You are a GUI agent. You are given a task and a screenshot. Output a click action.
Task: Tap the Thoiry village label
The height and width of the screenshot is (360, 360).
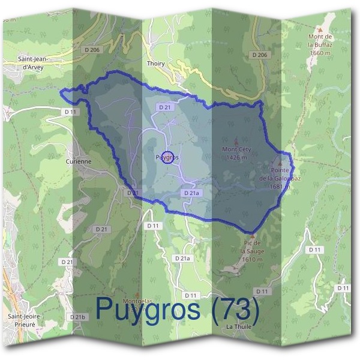point(155,62)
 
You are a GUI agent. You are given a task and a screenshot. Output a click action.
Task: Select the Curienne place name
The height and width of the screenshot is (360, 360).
point(79,161)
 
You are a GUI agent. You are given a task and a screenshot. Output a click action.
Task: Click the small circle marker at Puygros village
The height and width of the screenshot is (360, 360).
point(169,157)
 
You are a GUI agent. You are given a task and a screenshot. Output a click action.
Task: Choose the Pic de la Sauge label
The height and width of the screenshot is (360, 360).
point(252,250)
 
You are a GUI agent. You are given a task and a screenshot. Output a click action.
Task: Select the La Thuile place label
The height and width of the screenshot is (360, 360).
point(238,326)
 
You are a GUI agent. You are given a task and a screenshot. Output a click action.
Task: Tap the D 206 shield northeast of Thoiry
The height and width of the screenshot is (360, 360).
point(259,55)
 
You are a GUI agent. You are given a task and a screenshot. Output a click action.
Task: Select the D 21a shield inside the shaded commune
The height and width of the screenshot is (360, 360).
point(190,193)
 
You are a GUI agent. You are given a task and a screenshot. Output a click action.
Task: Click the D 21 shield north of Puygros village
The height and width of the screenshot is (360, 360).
point(166,107)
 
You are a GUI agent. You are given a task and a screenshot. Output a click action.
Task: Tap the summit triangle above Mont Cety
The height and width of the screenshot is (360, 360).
point(235,139)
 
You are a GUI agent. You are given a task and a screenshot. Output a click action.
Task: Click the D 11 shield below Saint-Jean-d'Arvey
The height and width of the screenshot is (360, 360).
point(70,112)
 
